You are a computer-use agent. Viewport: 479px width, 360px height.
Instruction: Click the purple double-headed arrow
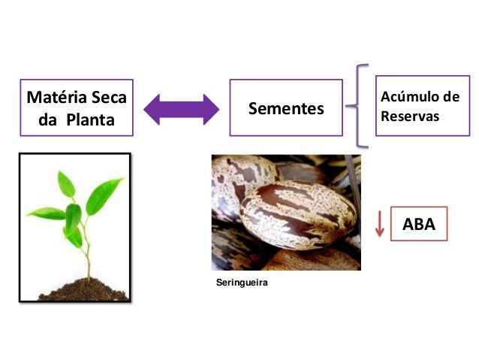[x=181, y=109]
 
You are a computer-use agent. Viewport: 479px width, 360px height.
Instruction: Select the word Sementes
[x=286, y=110]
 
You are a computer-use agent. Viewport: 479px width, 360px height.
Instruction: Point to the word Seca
[x=107, y=98]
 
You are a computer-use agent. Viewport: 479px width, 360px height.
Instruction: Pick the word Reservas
[x=410, y=118]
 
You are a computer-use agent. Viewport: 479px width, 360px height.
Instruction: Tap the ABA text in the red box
[x=419, y=224]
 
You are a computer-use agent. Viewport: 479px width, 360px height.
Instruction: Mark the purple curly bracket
[x=361, y=105]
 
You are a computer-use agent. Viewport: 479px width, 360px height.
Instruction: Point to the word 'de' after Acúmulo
[x=451, y=98]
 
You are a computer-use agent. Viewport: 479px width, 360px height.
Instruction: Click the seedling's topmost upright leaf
[x=66, y=183]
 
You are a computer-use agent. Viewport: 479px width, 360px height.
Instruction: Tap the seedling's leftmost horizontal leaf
[x=46, y=213]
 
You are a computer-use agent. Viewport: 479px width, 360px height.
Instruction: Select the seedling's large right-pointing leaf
[x=104, y=195]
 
